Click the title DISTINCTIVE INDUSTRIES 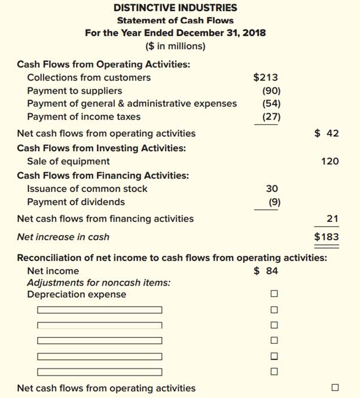[x=175, y=8]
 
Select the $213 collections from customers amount [x=266, y=77]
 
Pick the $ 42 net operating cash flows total [x=327, y=133]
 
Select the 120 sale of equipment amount [x=330, y=161]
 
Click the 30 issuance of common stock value [x=271, y=188]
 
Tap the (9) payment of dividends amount [x=273, y=201]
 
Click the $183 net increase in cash [x=327, y=237]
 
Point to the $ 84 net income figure [x=266, y=271]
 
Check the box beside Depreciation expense [x=274, y=294]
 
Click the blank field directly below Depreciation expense [x=99, y=310]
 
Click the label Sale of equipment [x=68, y=161]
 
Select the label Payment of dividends [x=76, y=201]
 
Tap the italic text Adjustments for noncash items [x=99, y=282]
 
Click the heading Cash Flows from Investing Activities [x=101, y=147]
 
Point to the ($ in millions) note [x=175, y=45]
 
